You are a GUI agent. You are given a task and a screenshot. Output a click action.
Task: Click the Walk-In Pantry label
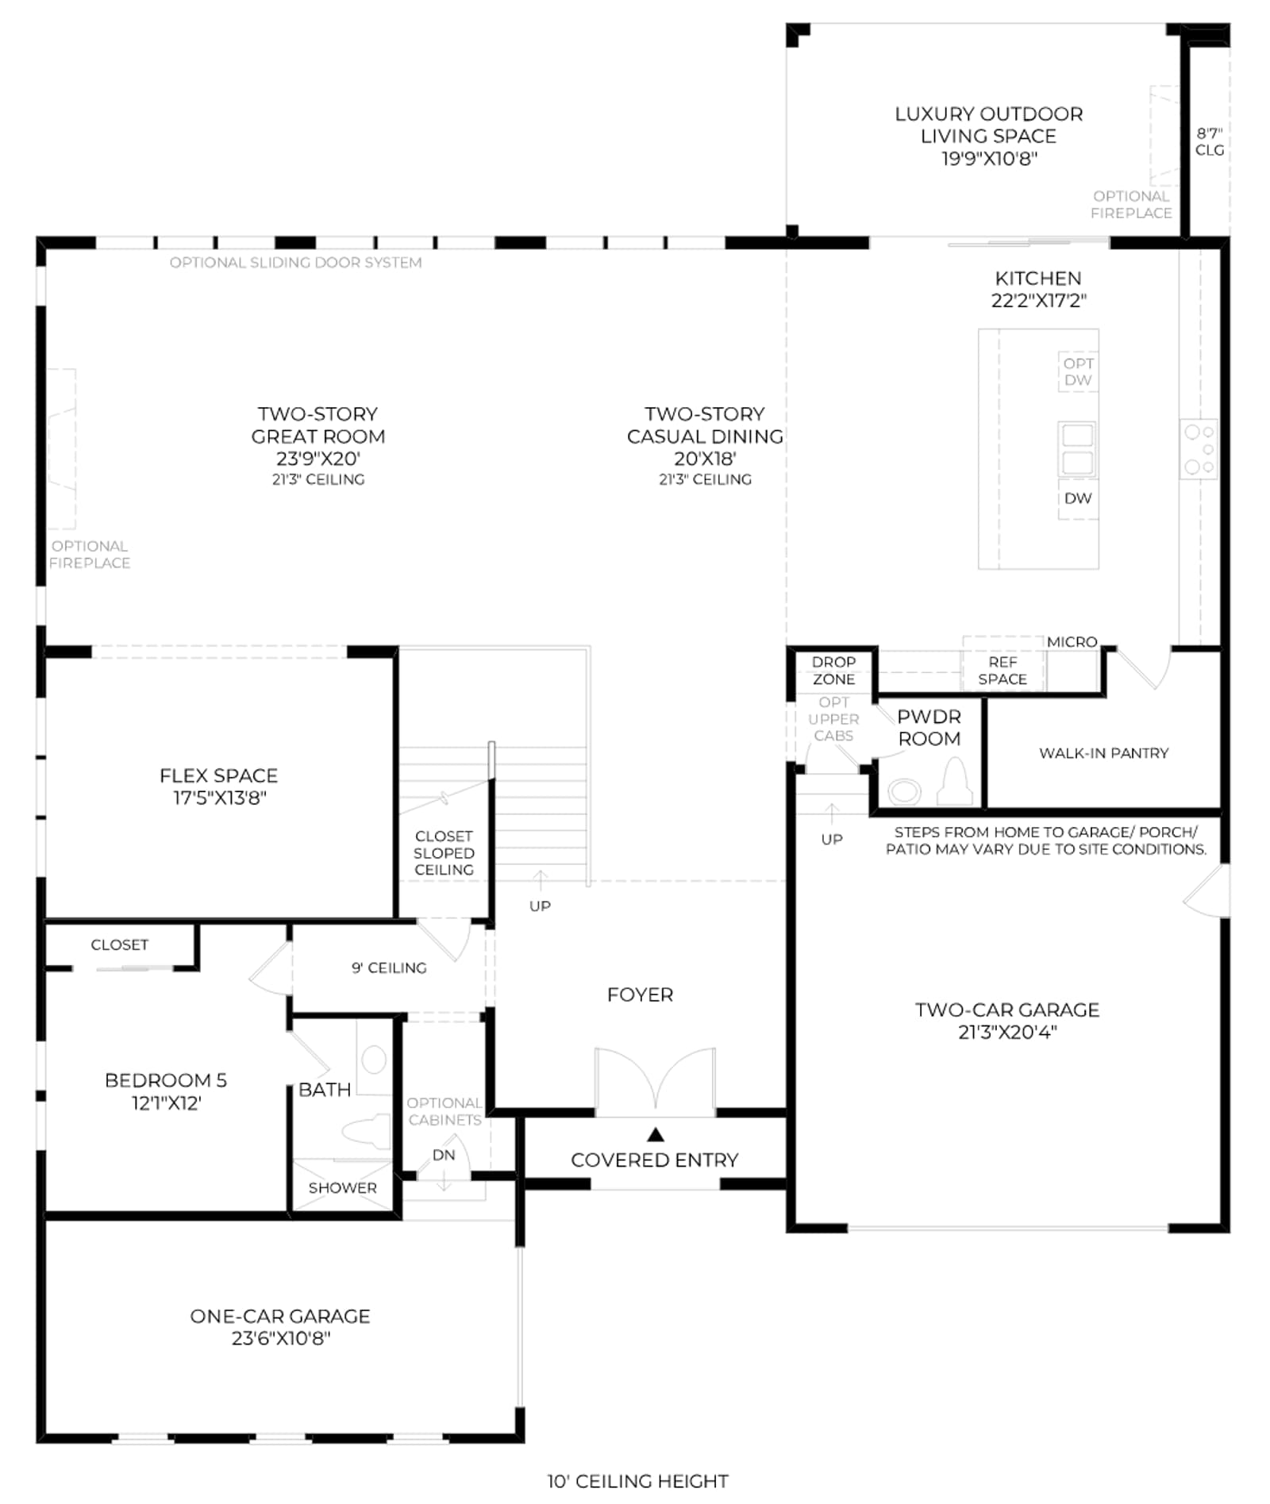coord(1103,753)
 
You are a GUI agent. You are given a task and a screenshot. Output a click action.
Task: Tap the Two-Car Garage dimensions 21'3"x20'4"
coord(1007,1032)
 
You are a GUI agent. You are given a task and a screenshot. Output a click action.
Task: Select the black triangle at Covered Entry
coord(656,1134)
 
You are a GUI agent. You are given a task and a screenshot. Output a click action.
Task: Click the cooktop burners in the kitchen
coord(1199,449)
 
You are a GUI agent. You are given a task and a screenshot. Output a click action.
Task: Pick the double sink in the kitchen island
coord(1077,448)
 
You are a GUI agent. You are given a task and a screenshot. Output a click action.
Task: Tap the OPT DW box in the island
coord(1078,371)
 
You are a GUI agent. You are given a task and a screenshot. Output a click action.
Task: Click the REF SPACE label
coord(1003,671)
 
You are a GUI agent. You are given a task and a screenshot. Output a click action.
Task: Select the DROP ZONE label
coord(833,671)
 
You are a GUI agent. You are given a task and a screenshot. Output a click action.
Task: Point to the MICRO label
coord(1072,641)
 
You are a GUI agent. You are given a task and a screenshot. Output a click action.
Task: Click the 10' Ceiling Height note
coord(637,1481)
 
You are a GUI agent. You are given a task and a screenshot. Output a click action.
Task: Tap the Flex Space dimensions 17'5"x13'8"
coord(220,798)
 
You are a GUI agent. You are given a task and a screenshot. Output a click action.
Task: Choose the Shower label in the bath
coord(343,1188)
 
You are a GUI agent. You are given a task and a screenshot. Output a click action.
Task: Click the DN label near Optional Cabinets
coord(444,1155)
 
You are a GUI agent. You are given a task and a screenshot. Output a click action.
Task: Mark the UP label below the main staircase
coord(540,906)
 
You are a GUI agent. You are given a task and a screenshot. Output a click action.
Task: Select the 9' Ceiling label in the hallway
coord(389,967)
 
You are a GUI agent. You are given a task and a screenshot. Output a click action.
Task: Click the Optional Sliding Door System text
coord(295,263)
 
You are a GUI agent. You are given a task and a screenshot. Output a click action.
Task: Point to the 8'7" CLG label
coord(1210,141)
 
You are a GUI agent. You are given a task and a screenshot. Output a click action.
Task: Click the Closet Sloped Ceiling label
coord(444,852)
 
